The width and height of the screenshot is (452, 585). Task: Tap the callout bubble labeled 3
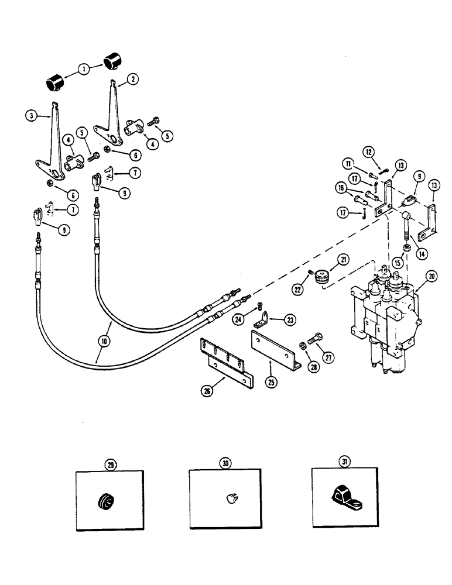[x=30, y=115]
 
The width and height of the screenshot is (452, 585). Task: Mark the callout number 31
[x=344, y=462]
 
